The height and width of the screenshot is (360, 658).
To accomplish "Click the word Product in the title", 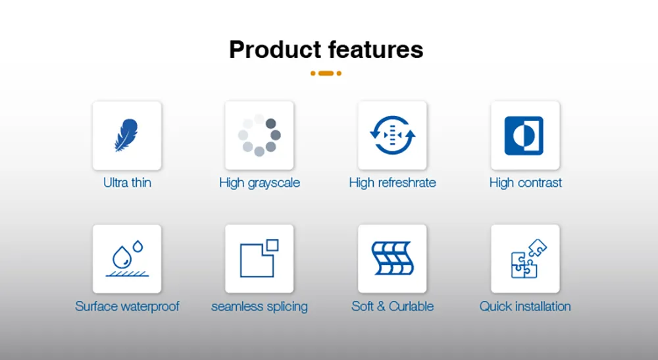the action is coord(275,49).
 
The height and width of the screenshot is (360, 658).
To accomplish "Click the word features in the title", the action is coord(376,49).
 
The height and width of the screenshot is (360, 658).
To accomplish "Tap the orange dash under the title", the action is coord(326,74).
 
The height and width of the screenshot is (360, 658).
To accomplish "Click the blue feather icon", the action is coord(126,135).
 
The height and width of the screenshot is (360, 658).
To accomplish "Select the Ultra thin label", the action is coord(127,182).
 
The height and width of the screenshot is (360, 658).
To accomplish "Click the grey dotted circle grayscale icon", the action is coord(259,135).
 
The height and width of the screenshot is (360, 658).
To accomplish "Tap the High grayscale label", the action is coord(259,183).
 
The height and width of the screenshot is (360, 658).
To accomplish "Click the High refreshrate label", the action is coord(392,182).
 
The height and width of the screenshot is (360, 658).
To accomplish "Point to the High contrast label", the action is coord(525,182).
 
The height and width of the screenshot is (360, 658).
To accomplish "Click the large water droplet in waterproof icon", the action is coord(122,257).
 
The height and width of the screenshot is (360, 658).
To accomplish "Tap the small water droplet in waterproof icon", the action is coord(138,246).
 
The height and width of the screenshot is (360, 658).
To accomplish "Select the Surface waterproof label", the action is coord(127,306).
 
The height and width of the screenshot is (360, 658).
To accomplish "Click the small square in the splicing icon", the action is coord(272,245).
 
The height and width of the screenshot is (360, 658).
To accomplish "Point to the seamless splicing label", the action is coord(259,307).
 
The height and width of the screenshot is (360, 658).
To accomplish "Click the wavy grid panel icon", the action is coord(392,258).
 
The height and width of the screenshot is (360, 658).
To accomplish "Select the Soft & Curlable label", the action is coord(392,306).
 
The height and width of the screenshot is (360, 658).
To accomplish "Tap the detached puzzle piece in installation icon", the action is coord(537,247).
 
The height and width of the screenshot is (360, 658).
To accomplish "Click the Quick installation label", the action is coord(525,306).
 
